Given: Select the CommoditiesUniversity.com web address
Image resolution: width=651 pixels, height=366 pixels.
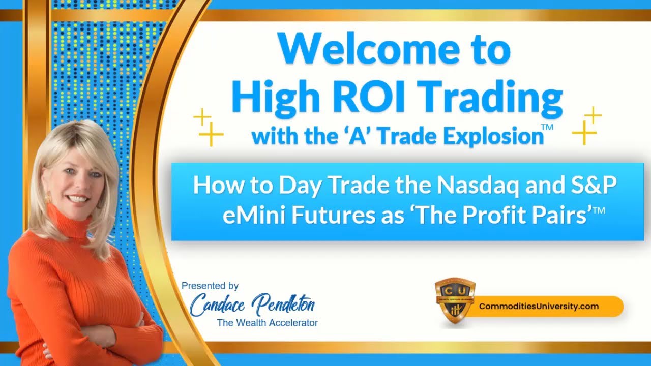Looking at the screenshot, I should point(539,307).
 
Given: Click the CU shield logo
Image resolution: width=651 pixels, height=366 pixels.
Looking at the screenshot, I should point(455,300).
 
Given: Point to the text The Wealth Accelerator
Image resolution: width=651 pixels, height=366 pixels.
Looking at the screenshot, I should point(267,323).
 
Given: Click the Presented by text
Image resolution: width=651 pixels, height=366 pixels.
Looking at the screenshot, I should point(210,286).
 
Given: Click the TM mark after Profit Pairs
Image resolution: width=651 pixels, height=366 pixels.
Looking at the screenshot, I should point(599,210).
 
